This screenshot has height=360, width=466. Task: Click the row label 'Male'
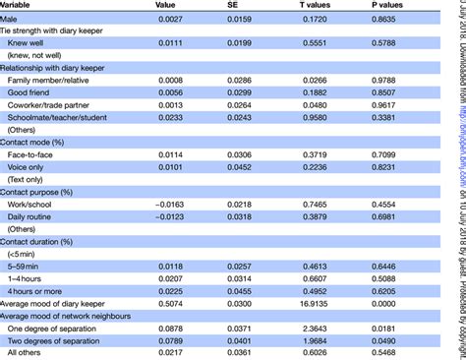point(15,19)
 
